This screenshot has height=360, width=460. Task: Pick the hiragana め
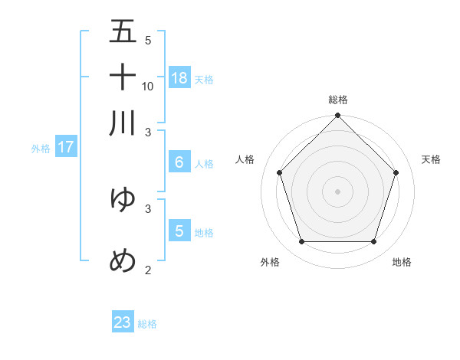pos(123,260)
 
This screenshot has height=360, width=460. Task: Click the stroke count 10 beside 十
pos(148,86)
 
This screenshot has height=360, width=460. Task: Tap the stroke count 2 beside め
pos(148,270)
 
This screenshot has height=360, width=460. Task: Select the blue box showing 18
pos(179,77)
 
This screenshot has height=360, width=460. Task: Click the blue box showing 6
pos(179,162)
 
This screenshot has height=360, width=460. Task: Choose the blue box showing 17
pos(65,147)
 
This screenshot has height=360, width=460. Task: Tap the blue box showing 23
pos(123,322)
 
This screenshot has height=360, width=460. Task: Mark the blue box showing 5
pos(179,231)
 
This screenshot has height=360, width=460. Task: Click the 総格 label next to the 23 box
pos(147,324)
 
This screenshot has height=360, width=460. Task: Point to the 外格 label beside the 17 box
pos(40,149)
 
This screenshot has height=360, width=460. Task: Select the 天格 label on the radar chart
pos(431,159)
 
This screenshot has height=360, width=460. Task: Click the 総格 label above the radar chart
pos(338,100)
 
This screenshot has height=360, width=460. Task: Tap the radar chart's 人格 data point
pos(280,172)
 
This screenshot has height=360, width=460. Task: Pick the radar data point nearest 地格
pos(373,241)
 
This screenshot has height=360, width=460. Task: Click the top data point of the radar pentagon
pos(338,116)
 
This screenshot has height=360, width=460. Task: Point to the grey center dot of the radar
pos(338,191)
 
